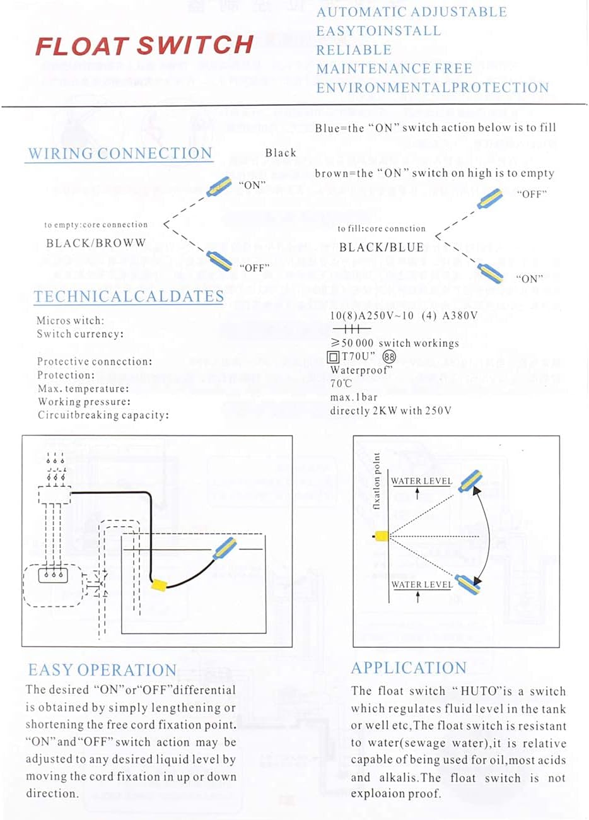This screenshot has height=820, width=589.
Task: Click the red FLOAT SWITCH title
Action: (144, 45)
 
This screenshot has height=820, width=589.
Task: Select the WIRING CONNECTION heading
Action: (120, 153)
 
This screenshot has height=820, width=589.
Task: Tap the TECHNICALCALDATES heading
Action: (129, 296)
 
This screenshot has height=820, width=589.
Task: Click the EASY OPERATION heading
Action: (102, 670)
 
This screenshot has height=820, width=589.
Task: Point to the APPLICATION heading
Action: (409, 668)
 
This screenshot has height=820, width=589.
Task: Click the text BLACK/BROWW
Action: (96, 243)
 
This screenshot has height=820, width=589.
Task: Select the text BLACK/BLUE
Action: (382, 247)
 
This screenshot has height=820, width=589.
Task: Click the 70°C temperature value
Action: (341, 384)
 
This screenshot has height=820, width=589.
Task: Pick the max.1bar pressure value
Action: (353, 397)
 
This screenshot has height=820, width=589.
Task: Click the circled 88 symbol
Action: (390, 357)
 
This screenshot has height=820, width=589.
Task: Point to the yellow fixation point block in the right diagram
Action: (381, 536)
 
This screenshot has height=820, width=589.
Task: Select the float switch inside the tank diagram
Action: (223, 549)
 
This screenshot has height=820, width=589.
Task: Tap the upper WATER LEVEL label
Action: (421, 481)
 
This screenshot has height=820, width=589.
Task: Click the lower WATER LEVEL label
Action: (421, 585)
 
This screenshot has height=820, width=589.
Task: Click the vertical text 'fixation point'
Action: (377, 481)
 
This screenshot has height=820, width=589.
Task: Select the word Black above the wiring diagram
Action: (281, 153)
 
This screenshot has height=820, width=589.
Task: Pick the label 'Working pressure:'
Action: (84, 402)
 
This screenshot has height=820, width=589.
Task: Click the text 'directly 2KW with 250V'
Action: (390, 411)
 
